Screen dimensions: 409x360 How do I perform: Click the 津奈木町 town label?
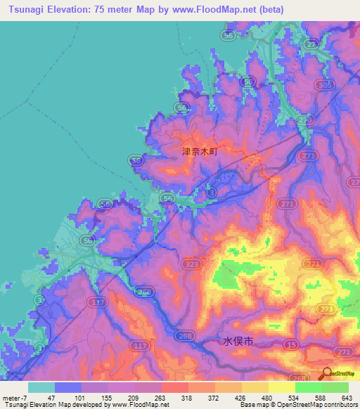tap(201, 151)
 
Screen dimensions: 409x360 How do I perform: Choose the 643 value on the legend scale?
tap(347, 398)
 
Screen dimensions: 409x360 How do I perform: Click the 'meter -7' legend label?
tap(15, 398)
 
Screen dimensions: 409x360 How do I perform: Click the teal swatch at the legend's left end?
tap(41, 387)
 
